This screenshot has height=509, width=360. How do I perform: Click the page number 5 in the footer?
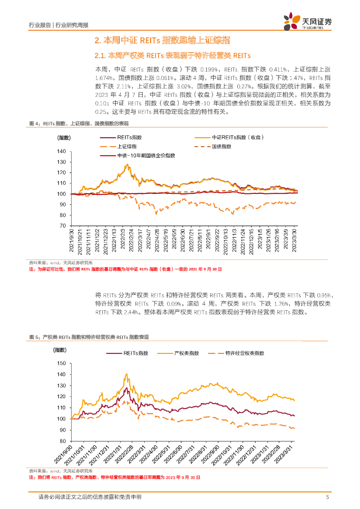(327, 497)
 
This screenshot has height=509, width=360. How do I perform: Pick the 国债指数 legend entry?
(222, 147)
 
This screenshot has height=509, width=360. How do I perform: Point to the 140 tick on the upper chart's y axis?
(62, 152)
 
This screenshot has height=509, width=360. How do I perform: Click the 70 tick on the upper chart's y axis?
(63, 225)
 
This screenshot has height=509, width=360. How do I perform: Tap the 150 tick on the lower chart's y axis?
(62, 363)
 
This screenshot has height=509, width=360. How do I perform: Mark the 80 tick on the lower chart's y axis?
(63, 441)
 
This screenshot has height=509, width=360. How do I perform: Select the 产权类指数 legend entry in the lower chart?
(186, 353)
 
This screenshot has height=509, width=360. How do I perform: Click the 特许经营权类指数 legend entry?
(244, 353)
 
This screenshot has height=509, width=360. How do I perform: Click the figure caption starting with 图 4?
(79, 123)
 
